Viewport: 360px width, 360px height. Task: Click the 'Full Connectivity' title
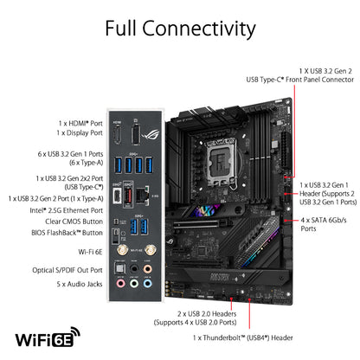[180, 28]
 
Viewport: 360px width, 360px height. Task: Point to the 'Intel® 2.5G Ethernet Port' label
[60, 209]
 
